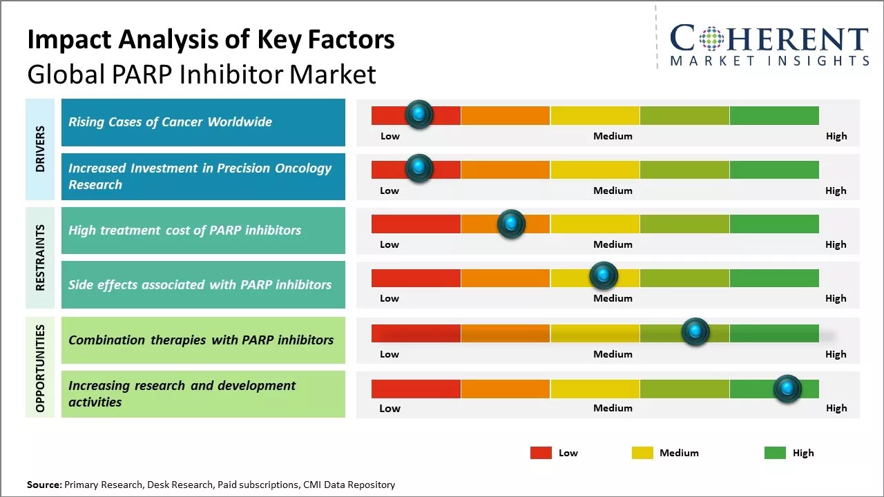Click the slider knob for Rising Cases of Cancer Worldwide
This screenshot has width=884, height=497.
point(419,115)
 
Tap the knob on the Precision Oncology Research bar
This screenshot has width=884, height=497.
point(419,168)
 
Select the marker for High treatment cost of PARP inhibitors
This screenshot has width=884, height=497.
point(511,223)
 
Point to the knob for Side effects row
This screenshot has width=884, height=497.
point(604,276)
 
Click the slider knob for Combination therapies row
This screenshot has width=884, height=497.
point(695,332)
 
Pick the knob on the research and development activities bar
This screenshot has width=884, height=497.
point(787,389)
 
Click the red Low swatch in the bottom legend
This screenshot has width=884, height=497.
point(541,453)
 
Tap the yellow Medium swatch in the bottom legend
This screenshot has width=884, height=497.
point(642,453)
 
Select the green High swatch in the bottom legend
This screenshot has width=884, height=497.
point(775,453)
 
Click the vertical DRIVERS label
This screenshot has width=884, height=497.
point(40,148)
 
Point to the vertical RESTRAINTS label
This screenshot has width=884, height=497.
point(40,257)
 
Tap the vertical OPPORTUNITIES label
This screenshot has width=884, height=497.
point(40,368)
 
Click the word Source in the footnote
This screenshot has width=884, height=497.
point(44,485)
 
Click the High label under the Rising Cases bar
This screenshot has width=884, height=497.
point(836,136)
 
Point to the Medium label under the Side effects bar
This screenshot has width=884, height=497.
point(613,298)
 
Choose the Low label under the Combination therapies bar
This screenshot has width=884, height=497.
point(390,354)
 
